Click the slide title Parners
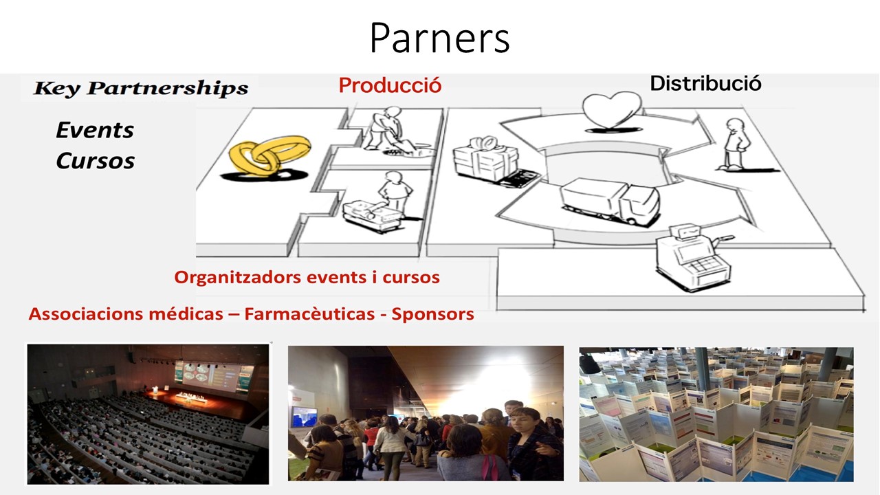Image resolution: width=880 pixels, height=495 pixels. pyautogui.click(x=439, y=38)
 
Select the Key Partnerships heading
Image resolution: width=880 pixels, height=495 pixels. pyautogui.click(x=141, y=88)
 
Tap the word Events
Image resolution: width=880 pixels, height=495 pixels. pyautogui.click(x=95, y=130)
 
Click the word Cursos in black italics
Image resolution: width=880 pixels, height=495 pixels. pyautogui.click(x=96, y=161)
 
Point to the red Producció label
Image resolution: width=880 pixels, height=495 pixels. pyautogui.click(x=390, y=85)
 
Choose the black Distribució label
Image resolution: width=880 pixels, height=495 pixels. pyautogui.click(x=705, y=83)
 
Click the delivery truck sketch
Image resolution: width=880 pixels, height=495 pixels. pyautogui.click(x=610, y=201)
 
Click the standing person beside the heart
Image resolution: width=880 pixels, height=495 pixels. pyautogui.click(x=736, y=144)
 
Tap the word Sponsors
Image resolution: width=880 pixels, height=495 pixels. pyautogui.click(x=432, y=314)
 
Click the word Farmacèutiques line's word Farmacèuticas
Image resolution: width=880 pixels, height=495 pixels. pyautogui.click(x=309, y=314)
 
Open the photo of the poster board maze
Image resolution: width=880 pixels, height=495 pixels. pyautogui.click(x=716, y=415)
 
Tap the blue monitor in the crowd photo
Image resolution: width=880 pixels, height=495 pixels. pyautogui.click(x=305, y=417)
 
